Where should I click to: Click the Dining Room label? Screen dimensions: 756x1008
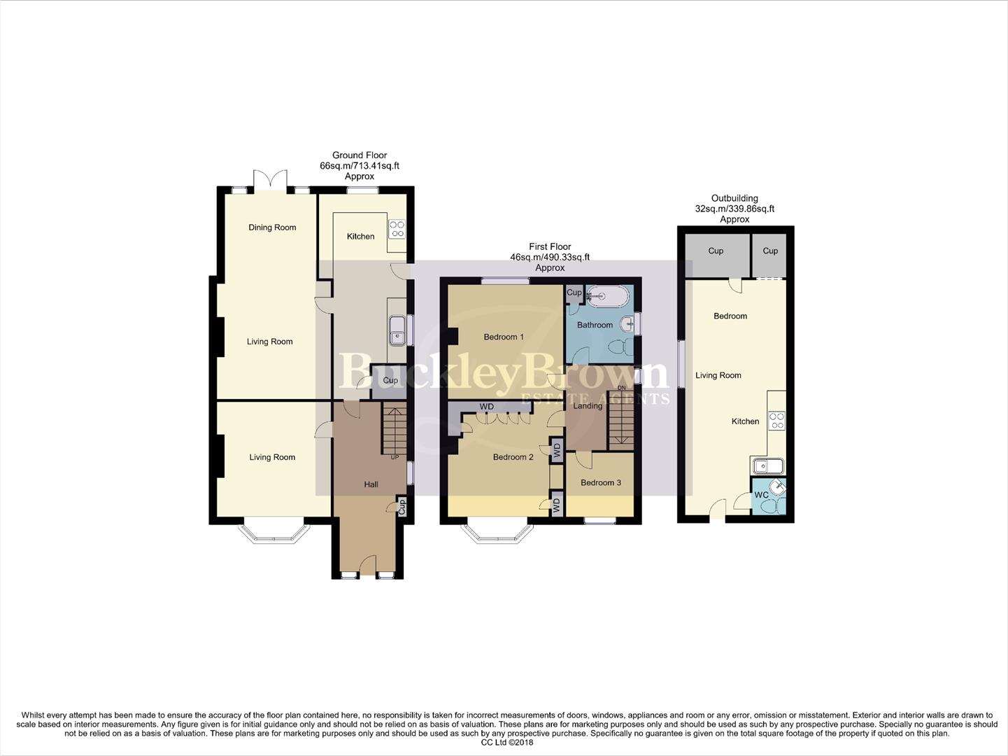point(272,227)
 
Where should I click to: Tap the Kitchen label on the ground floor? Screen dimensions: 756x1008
point(360,237)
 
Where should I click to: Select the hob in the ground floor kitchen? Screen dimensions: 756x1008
point(397,229)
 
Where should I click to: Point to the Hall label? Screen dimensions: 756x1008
point(371,484)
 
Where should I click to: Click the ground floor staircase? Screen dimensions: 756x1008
point(394,430)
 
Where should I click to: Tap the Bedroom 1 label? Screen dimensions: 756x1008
point(504,337)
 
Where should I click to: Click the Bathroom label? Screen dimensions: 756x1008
point(595,325)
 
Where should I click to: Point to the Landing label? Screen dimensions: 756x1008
point(588,406)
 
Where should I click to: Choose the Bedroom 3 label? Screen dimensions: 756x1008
point(600,483)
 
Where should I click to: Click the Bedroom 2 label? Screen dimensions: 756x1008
point(513,458)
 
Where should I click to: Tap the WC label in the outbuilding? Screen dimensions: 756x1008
point(761,495)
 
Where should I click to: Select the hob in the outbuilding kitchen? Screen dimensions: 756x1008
point(776,421)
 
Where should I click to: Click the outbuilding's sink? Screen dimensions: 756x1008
point(767,465)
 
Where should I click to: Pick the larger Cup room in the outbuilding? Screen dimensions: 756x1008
point(716,251)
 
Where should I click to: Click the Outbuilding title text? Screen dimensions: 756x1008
point(734,199)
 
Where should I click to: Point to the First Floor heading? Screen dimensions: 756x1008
point(550,247)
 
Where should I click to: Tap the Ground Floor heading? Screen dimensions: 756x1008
point(360,155)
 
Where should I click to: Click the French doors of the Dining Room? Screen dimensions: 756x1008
point(270,180)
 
